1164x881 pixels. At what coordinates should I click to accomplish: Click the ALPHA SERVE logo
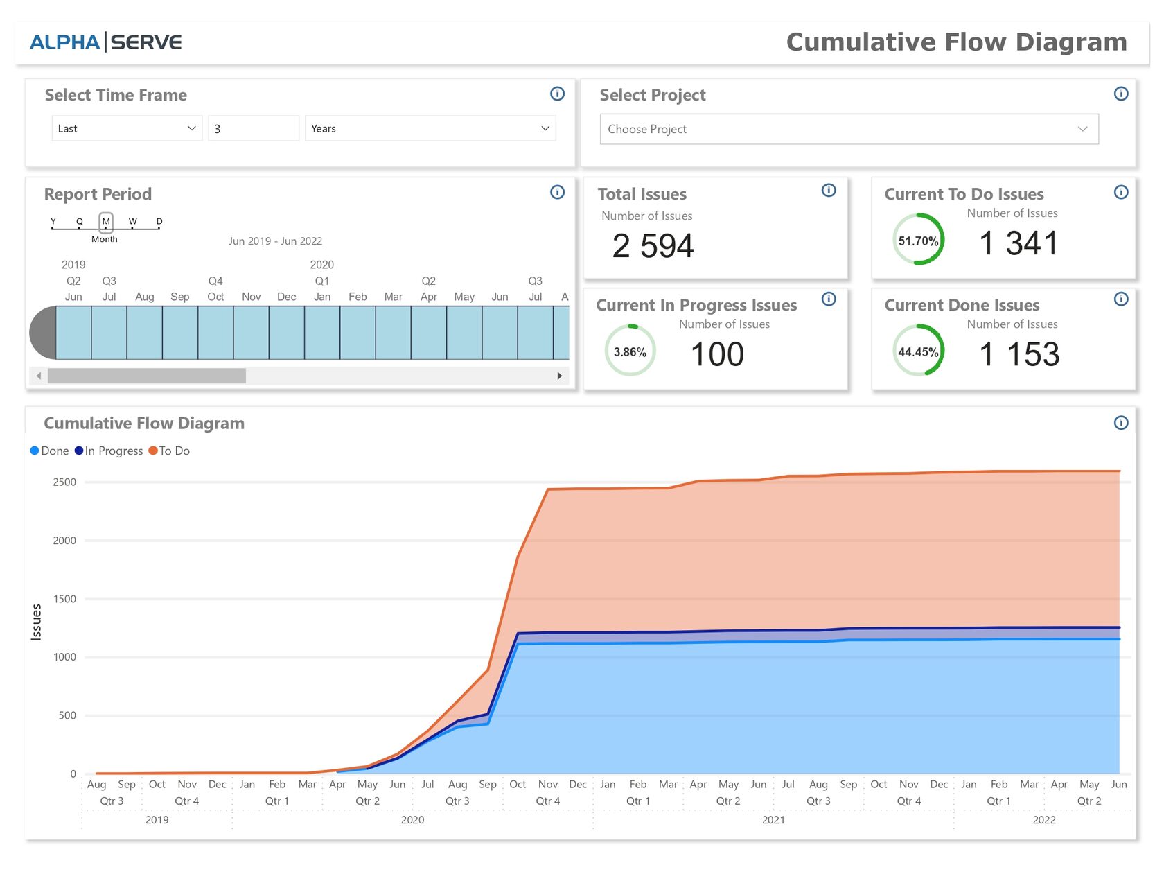(105, 42)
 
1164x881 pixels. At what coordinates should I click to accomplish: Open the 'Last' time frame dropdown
(126, 128)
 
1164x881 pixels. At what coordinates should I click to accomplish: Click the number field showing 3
(253, 128)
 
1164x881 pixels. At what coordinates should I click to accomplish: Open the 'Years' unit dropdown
(430, 128)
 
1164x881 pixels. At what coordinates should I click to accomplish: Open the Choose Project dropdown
(849, 129)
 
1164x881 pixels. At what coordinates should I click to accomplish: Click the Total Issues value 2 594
(653, 246)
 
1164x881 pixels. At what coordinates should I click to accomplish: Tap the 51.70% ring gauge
(918, 240)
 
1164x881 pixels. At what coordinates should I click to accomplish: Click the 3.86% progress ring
(630, 351)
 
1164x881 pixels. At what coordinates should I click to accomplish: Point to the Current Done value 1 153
(1019, 354)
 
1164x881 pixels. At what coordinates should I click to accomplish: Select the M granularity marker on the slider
(106, 222)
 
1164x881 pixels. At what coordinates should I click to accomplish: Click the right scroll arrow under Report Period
(559, 376)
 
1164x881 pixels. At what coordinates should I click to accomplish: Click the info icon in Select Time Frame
(557, 94)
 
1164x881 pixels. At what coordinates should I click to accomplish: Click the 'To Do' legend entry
(170, 451)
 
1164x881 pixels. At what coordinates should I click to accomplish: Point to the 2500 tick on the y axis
(64, 482)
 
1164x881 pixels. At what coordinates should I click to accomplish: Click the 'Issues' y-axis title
(37, 622)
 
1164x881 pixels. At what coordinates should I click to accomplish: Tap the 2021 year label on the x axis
(773, 819)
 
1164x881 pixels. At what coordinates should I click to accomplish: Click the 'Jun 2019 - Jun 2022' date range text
(275, 241)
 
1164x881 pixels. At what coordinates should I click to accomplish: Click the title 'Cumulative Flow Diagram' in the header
(956, 42)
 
